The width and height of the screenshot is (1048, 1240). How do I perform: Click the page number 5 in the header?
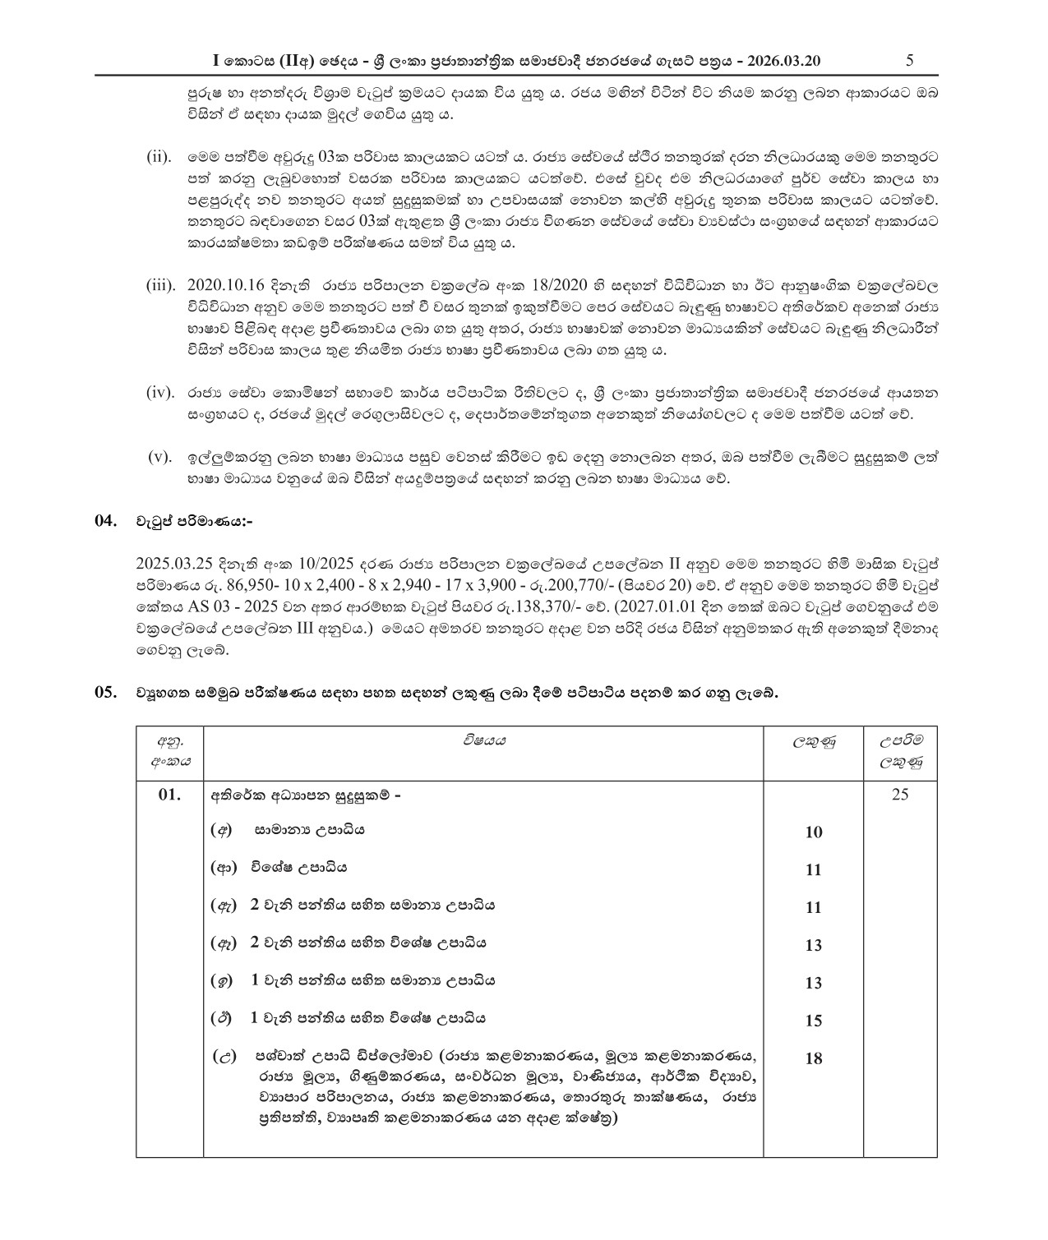click(909, 60)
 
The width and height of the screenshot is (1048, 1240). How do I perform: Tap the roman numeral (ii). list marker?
click(159, 157)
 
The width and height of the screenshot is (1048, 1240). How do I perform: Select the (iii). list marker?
click(160, 285)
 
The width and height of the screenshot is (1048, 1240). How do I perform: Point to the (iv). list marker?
click(159, 392)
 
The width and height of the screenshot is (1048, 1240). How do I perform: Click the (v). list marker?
click(159, 457)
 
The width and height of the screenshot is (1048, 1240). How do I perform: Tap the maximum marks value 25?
click(900, 795)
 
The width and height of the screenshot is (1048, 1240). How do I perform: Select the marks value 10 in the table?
click(813, 832)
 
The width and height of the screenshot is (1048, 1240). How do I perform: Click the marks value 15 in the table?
click(813, 1021)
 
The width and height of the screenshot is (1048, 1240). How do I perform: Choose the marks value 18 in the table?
click(813, 1059)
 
